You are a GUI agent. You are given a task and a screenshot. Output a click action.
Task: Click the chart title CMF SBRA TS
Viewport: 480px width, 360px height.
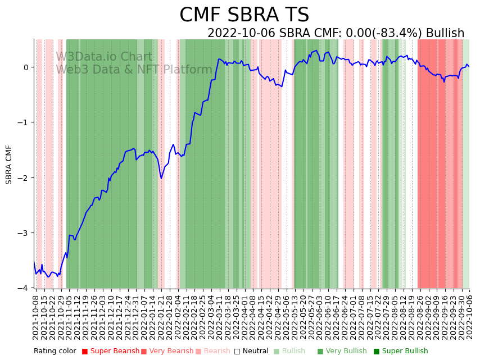pyautogui.click(x=244, y=15)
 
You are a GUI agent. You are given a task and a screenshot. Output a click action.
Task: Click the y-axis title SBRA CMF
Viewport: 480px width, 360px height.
pyautogui.click(x=9, y=165)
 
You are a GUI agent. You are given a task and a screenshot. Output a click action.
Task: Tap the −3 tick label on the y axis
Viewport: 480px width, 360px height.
pyautogui.click(x=26, y=233)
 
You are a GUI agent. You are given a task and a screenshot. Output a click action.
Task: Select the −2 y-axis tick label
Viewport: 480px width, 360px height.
pyautogui.click(x=26, y=178)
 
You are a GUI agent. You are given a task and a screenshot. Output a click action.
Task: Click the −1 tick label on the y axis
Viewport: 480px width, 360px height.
pyautogui.click(x=26, y=122)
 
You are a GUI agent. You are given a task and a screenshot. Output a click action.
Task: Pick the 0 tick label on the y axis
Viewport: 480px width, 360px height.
pyautogui.click(x=28, y=67)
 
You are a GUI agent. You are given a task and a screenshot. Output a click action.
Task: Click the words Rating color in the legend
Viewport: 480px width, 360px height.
pyautogui.click(x=55, y=352)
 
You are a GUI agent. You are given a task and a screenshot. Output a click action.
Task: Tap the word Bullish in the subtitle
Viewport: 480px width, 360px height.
pyautogui.click(x=445, y=33)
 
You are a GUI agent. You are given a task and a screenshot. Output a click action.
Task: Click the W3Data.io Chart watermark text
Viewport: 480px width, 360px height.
pyautogui.click(x=104, y=57)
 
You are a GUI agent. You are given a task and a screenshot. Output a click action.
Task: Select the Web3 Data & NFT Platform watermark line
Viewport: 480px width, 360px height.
pyautogui.click(x=134, y=70)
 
